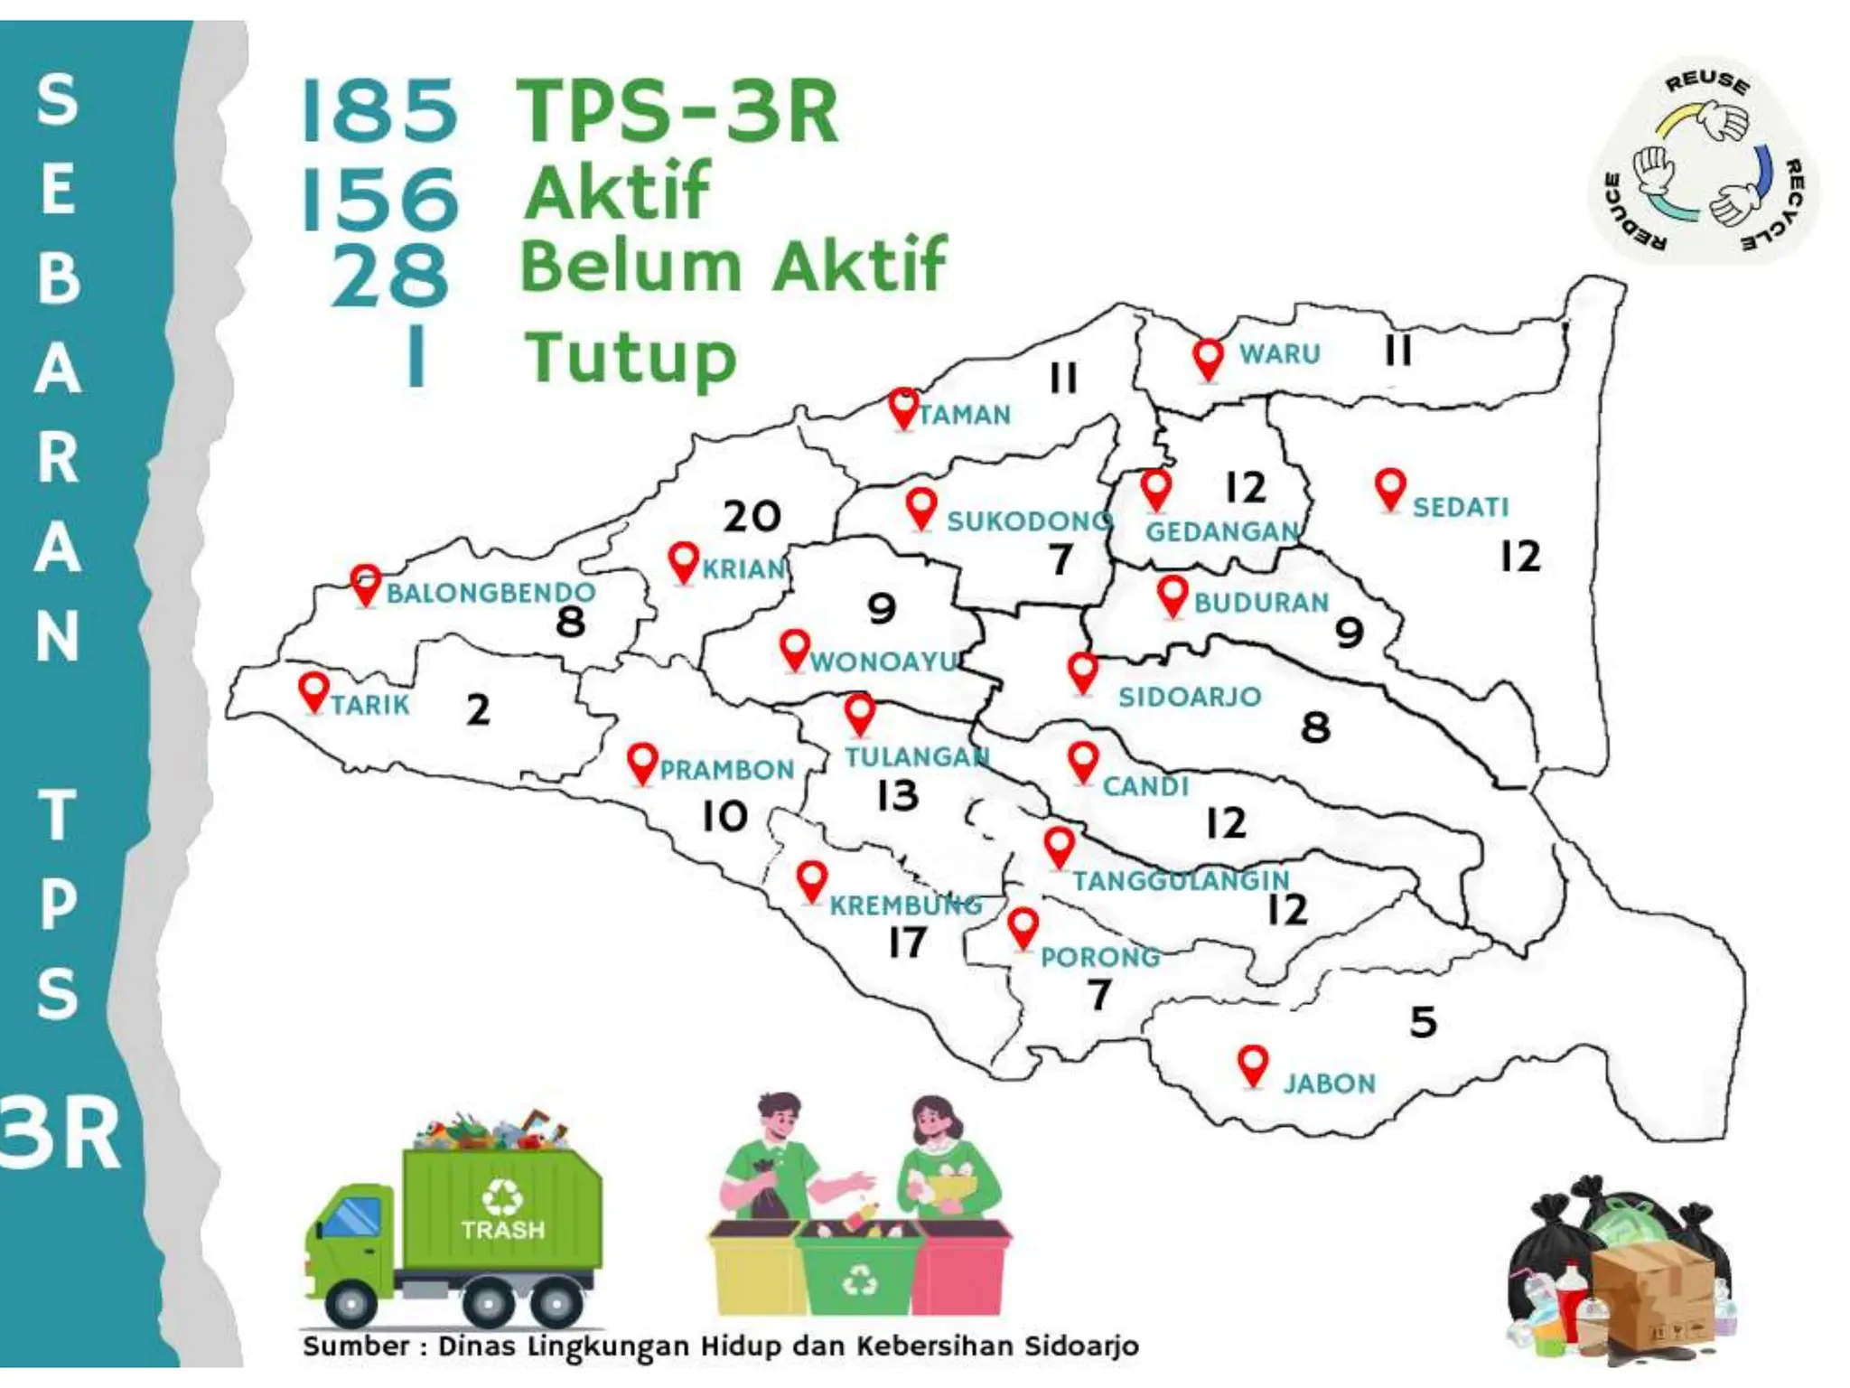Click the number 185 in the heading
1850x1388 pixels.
(x=379, y=112)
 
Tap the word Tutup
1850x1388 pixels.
(x=631, y=358)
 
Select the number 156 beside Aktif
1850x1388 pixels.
(x=379, y=199)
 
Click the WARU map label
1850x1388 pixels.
(x=1279, y=353)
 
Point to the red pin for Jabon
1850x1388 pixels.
(x=1252, y=1064)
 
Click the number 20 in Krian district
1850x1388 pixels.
(x=752, y=516)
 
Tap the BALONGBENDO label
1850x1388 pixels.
(x=491, y=593)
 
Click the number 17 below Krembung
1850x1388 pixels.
(x=907, y=943)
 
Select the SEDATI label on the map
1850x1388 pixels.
(x=1461, y=507)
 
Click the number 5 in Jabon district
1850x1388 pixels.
(x=1424, y=1022)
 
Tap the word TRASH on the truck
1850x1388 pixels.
(x=503, y=1230)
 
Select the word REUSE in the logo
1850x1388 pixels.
(x=1707, y=82)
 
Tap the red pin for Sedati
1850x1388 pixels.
(x=1390, y=489)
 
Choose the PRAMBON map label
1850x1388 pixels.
(x=726, y=770)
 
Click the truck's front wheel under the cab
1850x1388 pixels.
(x=350, y=1304)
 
